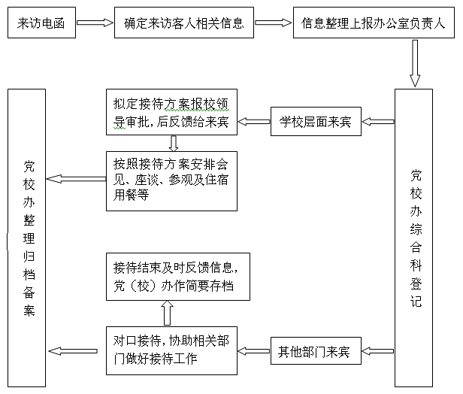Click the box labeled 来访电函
point(41,23)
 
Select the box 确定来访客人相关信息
point(184,23)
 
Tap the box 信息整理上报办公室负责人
point(374,23)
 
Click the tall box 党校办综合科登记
point(413,238)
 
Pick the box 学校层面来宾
point(316,121)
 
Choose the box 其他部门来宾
point(316,350)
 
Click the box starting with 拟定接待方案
point(171,112)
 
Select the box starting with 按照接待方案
point(171,181)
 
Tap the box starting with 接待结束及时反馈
point(178,277)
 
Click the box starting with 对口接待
point(171,350)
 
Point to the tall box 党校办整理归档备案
point(26,238)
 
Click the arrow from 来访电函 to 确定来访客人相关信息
point(95,23)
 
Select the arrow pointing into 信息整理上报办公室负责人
point(274,23)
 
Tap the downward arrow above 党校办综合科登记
point(415,63)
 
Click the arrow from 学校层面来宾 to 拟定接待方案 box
point(254,121)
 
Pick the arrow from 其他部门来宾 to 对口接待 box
point(254,351)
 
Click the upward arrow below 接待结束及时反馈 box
point(168,313)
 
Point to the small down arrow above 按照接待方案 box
point(174,144)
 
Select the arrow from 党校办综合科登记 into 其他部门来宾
point(378,351)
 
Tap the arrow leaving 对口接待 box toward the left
point(73,351)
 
